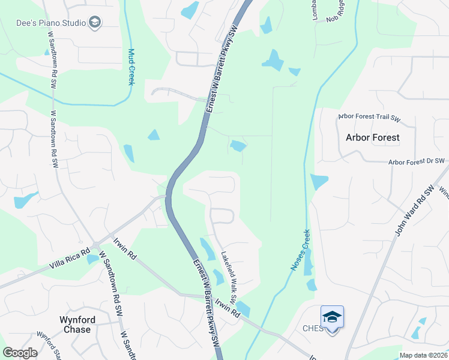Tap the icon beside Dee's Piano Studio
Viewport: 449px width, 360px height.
point(94,23)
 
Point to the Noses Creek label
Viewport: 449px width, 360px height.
point(300,250)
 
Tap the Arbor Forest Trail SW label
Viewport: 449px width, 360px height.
point(376,116)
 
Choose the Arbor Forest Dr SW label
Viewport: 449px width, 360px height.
point(416,161)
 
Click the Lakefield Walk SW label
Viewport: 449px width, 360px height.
point(229,276)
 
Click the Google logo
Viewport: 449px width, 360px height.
point(20,353)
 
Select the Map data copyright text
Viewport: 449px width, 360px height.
point(423,355)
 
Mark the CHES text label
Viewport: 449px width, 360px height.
point(313,328)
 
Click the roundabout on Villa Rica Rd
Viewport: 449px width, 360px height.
point(95,245)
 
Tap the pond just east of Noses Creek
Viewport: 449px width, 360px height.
point(319,181)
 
